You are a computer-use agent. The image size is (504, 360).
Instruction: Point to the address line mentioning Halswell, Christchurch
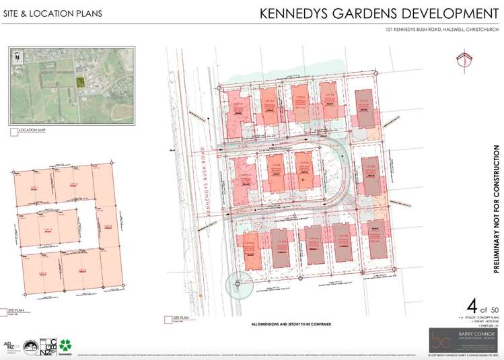437,30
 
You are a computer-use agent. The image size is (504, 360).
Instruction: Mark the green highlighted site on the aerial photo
79,82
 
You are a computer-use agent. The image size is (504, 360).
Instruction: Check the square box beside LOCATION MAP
13,133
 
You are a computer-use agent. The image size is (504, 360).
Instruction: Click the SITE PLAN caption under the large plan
182,316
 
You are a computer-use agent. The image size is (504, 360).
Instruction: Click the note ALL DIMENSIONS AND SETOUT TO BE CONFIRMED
291,324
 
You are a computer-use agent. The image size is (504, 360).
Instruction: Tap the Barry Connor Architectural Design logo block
463,338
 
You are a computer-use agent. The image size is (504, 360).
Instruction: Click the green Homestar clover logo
65,345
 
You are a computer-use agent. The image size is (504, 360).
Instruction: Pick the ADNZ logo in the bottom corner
11,346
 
